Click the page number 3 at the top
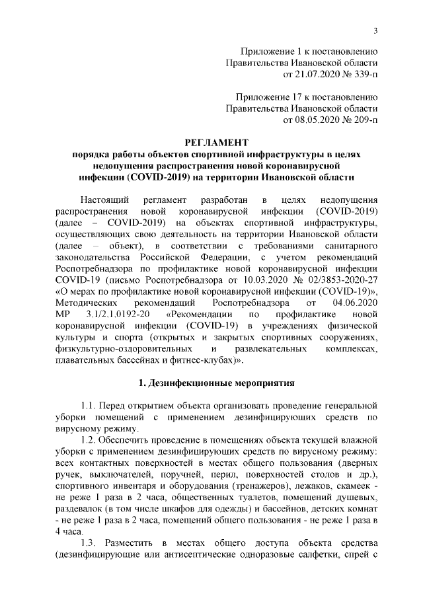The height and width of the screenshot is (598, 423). pyautogui.click(x=375, y=31)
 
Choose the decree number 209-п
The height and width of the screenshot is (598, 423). pyautogui.click(x=363, y=121)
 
